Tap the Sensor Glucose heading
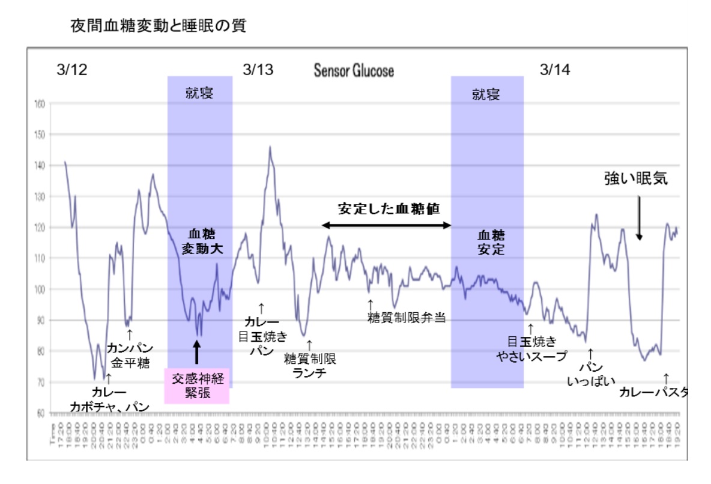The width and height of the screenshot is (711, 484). pos(354,70)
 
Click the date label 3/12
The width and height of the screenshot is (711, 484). pos(71,70)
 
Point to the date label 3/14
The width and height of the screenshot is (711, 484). pos(555,70)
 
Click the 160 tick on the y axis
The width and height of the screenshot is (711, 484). pos(40,103)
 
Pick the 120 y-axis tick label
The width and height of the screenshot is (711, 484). pos(40,227)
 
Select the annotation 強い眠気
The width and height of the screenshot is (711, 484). pos(635,179)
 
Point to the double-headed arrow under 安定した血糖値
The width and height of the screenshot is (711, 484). pos(387,225)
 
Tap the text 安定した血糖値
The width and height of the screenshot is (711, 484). pos(389,209)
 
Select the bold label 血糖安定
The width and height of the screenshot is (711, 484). pos(491,242)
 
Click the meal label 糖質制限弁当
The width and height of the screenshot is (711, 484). pos(407,318)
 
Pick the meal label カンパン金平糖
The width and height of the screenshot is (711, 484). pos(130,355)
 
